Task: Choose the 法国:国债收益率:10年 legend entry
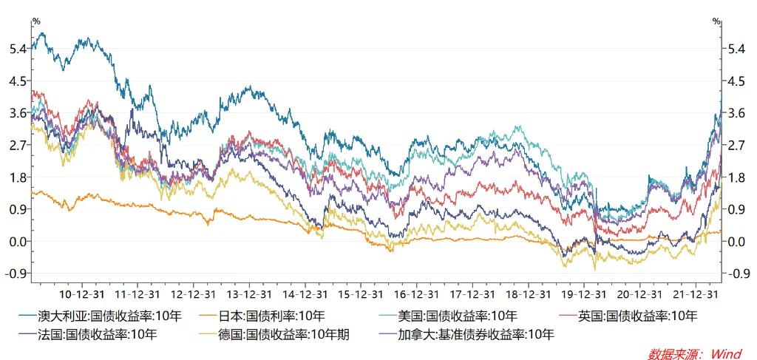pyautogui.click(x=101, y=335)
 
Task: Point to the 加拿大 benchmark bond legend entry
pyautogui.click(x=474, y=335)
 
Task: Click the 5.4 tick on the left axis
pyautogui.click(x=19, y=48)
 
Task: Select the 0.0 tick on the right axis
pyautogui.click(x=736, y=242)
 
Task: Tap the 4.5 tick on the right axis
pyautogui.click(x=736, y=81)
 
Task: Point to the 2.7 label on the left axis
pyautogui.click(x=19, y=145)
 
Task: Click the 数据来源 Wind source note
pyautogui.click(x=694, y=353)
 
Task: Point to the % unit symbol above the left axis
pyautogui.click(x=35, y=21)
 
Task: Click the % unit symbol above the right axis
pyautogui.click(x=716, y=21)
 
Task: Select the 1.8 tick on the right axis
pyautogui.click(x=736, y=177)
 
